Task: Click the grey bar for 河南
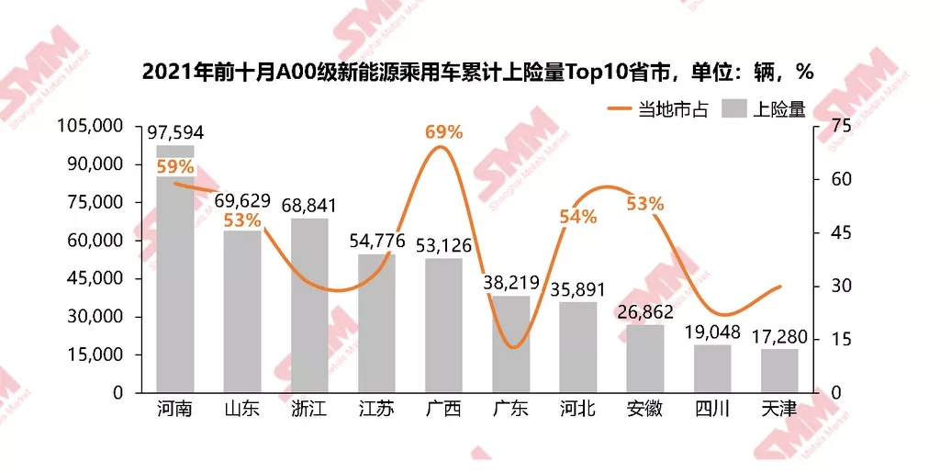coord(174,276)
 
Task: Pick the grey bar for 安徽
coord(644,358)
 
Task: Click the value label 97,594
coord(175,133)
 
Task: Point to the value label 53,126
coord(443,245)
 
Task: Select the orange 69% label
coord(443,131)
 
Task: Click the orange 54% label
coord(578,217)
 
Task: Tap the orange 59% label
coord(174,166)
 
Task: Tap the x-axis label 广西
coord(443,410)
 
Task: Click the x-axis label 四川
coord(711,410)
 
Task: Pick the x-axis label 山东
coord(242,410)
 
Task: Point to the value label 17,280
coord(779,336)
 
